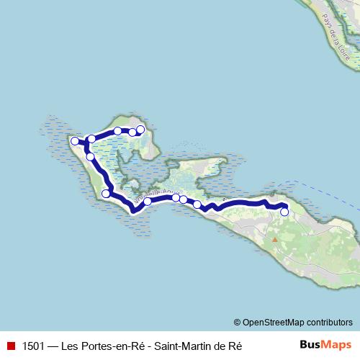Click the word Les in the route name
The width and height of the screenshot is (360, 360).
click(69, 345)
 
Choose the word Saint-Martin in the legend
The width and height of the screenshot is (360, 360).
click(182, 345)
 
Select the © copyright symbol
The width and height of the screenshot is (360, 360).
click(237, 323)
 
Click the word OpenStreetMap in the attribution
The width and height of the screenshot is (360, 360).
click(274, 323)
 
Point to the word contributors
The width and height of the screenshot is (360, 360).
click(330, 323)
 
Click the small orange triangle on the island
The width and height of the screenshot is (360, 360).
click(274, 238)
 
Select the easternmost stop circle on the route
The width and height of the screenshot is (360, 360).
click(284, 212)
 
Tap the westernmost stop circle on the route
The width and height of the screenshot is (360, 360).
click(73, 141)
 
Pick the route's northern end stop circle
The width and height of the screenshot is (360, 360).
click(140, 130)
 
